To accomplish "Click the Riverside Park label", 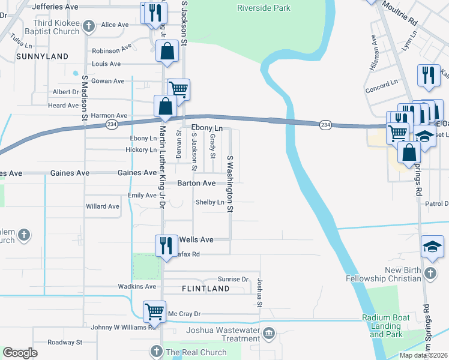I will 264,8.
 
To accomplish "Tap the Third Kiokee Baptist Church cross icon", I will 89,26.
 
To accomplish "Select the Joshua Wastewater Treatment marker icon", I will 269,332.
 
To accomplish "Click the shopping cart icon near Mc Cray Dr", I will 154,311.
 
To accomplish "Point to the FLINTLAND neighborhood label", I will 206,289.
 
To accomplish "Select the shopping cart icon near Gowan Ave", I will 178,89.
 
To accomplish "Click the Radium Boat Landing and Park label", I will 382,326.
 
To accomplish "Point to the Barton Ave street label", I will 196,183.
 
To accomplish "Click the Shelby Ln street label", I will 209,202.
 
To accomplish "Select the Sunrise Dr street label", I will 233,280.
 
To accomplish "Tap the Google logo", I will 20,353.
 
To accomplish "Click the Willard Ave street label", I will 103,206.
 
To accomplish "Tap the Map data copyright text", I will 423,355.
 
